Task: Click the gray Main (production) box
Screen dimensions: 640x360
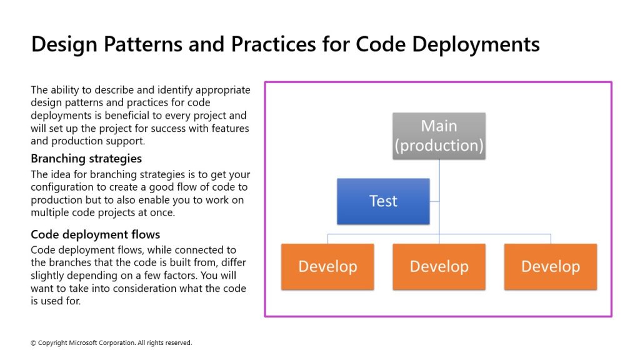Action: [x=439, y=136]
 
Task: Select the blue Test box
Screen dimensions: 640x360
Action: [x=383, y=201]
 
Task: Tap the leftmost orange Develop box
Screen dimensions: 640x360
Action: [x=327, y=267]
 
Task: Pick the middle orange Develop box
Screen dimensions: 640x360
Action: [x=439, y=267]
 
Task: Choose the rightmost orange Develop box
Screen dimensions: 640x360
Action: [x=551, y=267]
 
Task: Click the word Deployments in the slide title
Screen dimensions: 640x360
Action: [x=476, y=44]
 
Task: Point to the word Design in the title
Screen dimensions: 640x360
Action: [x=64, y=44]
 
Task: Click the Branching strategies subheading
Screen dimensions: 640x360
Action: [x=86, y=158]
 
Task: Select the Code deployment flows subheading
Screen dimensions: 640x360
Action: [x=95, y=234]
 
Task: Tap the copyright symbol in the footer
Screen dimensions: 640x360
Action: [x=34, y=343]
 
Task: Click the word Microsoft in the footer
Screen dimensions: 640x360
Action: [x=82, y=343]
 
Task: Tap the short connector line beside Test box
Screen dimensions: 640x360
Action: [x=434, y=201]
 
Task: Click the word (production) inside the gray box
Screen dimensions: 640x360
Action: [x=439, y=146]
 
